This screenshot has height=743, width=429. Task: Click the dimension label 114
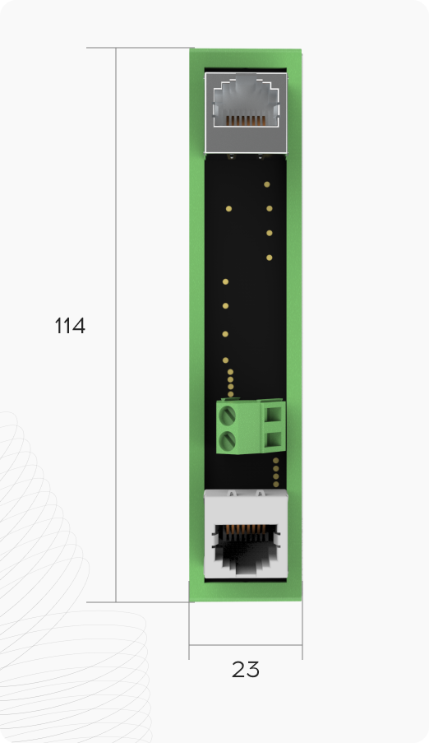click(70, 326)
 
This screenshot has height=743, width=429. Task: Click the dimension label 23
click(245, 670)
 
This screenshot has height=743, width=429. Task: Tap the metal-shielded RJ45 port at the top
click(246, 113)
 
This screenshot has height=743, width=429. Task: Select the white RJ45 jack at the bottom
click(246, 534)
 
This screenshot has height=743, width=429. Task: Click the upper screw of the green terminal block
click(228, 416)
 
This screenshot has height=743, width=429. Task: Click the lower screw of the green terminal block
click(228, 441)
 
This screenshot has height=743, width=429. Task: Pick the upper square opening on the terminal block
click(274, 415)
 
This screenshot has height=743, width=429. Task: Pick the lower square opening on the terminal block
click(274, 440)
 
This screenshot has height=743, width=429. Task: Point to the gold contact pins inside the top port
click(245, 121)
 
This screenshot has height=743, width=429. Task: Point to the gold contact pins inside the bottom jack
click(246, 530)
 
